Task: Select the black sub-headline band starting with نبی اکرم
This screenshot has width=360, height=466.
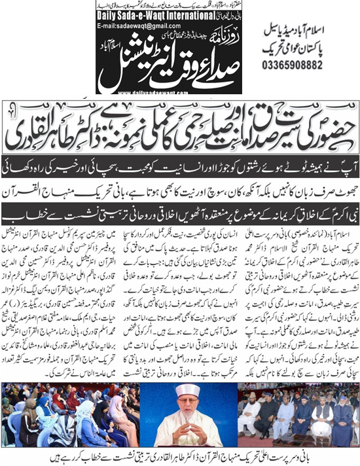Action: click(x=180, y=213)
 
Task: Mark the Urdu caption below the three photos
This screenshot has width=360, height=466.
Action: click(x=180, y=456)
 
